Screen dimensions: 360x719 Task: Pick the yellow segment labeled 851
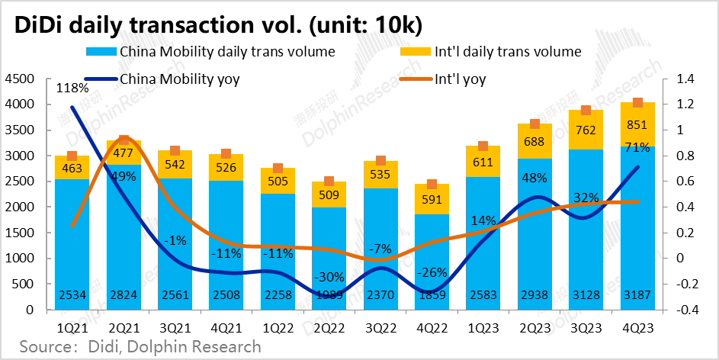click(637, 124)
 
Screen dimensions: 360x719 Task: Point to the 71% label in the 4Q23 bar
click(637, 147)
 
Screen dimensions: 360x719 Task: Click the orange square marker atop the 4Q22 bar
click(432, 185)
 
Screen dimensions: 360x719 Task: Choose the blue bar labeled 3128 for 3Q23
click(586, 229)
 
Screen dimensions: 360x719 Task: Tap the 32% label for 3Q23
click(586, 197)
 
